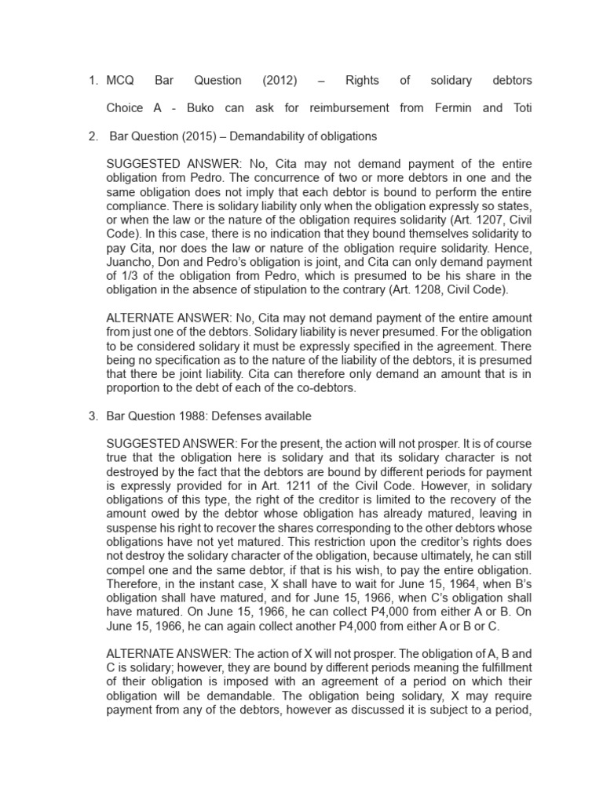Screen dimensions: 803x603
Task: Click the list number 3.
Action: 92,416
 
